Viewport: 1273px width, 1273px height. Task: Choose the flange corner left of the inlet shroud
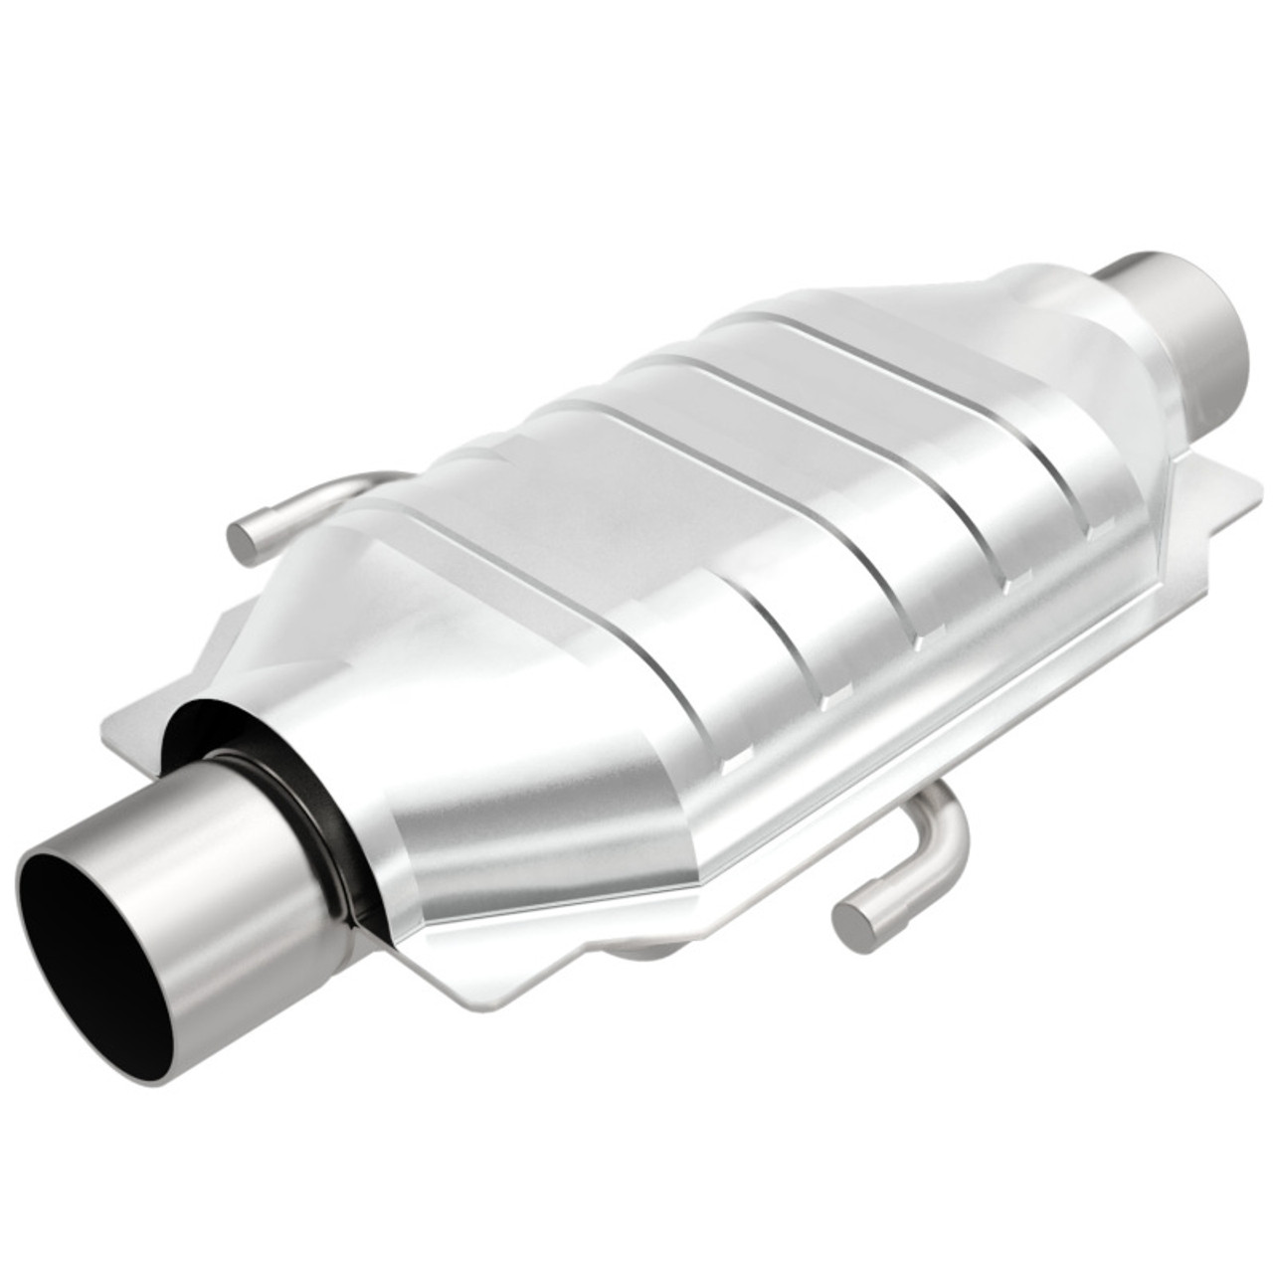click(114, 736)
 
